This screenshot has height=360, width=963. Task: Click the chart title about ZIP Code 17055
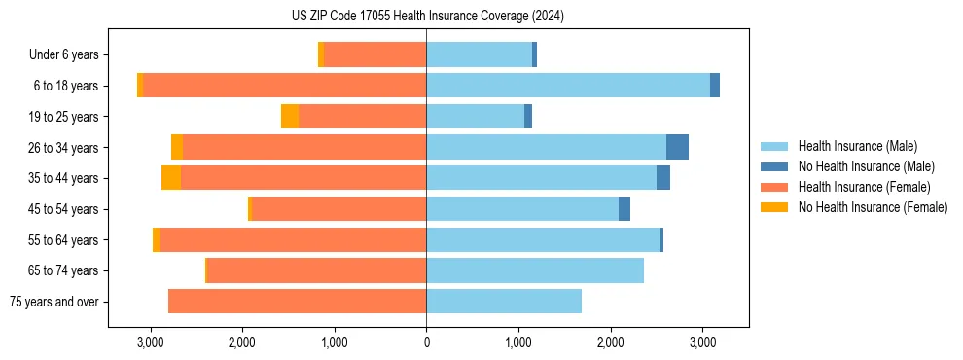427,17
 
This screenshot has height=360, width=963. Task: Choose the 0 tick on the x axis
426,342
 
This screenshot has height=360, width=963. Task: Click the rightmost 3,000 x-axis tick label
702,342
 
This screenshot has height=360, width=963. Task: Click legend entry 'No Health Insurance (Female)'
873,207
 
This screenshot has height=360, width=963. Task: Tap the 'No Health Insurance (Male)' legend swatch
774,166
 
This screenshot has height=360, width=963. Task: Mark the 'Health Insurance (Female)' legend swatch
774,187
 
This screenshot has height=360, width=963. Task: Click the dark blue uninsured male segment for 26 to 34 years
677,147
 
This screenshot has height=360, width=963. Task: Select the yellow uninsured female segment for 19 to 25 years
290,117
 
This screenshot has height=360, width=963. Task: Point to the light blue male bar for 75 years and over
504,302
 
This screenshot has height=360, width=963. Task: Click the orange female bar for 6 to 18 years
285,86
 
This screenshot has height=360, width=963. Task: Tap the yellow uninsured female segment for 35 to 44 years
171,178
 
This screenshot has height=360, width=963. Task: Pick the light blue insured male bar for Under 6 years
479,55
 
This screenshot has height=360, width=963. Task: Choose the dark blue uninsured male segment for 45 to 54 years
624,209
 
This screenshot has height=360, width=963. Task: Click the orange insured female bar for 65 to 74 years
317,270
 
